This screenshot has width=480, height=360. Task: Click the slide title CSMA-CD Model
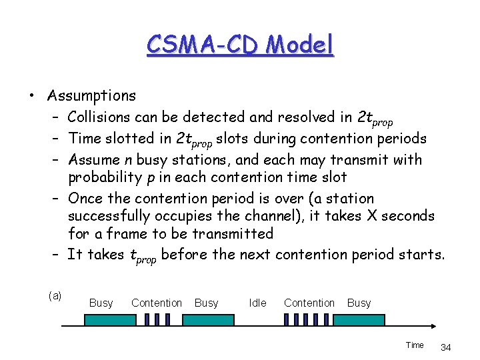[239, 45]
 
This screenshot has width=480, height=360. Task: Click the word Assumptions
[91, 96]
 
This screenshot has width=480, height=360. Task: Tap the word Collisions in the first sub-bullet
[103, 117]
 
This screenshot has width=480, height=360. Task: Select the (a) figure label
[55, 295]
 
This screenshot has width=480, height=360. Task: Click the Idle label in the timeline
[257, 303]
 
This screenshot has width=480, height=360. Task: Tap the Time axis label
[415, 345]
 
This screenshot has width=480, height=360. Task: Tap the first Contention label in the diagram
[157, 303]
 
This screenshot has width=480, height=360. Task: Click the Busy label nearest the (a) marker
[101, 303]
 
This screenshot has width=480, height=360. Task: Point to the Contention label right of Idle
[309, 303]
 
